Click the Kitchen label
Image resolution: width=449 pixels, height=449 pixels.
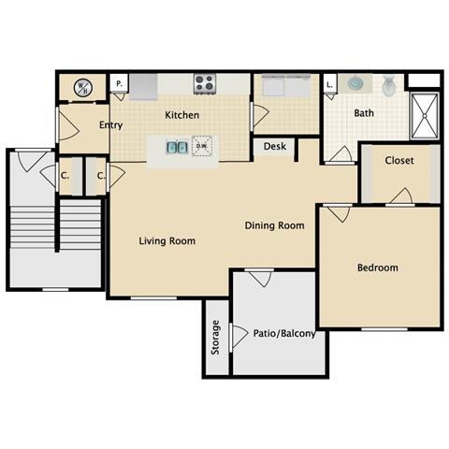(x=181, y=115)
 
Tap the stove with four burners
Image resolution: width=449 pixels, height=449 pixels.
(x=205, y=83)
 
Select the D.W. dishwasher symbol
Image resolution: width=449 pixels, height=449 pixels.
(x=200, y=146)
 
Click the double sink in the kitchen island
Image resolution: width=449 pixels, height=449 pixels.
(x=175, y=146)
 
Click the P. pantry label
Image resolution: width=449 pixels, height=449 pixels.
(x=119, y=84)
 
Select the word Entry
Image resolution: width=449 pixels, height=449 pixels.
(x=110, y=124)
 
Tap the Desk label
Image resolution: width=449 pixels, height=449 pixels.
(x=274, y=146)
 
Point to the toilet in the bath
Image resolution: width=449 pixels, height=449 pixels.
(x=390, y=85)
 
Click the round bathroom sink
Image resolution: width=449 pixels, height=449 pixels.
(x=355, y=83)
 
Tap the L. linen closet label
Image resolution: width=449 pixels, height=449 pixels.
(x=330, y=84)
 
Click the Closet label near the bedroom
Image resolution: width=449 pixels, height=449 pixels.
(x=400, y=160)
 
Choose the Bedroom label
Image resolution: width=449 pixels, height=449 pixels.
(x=377, y=268)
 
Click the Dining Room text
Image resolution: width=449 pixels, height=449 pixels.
(x=275, y=225)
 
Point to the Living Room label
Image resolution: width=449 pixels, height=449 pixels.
(x=167, y=240)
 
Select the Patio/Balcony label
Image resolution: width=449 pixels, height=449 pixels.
(x=284, y=333)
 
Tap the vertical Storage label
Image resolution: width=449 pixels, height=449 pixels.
(x=215, y=337)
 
